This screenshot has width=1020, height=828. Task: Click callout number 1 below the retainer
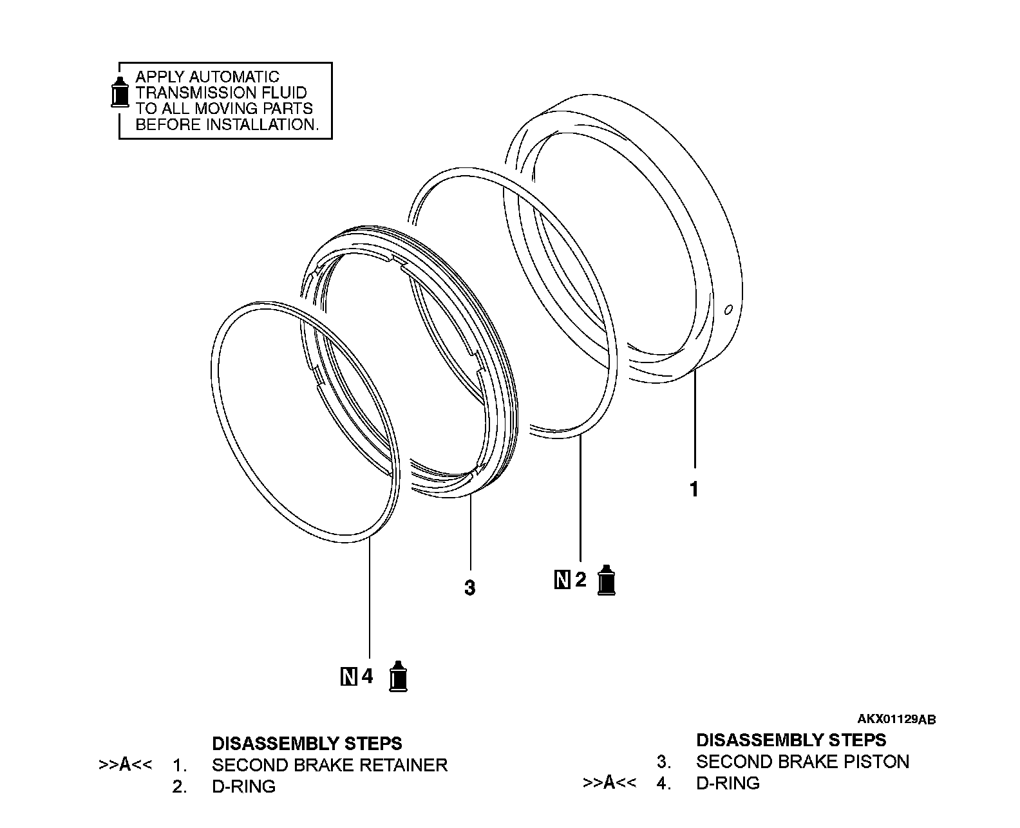pyautogui.click(x=694, y=490)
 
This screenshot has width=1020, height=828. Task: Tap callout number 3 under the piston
pyautogui.click(x=470, y=588)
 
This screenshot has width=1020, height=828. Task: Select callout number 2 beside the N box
pyautogui.click(x=580, y=580)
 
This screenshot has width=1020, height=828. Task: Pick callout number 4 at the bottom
pyautogui.click(x=367, y=677)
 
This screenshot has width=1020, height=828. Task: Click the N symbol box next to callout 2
pyautogui.click(x=562, y=580)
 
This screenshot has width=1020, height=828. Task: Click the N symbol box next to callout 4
pyautogui.click(x=348, y=677)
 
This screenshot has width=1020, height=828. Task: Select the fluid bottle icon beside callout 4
pyautogui.click(x=400, y=676)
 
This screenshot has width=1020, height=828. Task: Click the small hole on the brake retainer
pyautogui.click(x=728, y=310)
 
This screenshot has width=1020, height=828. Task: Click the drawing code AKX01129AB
pyautogui.click(x=896, y=719)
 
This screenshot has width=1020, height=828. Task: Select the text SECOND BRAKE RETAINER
pyautogui.click(x=329, y=765)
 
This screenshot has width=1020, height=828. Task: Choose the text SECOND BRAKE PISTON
pyautogui.click(x=802, y=762)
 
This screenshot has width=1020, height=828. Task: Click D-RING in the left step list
pyautogui.click(x=243, y=786)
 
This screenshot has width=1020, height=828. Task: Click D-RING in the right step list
pyautogui.click(x=728, y=783)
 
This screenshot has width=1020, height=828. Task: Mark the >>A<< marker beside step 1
pyautogui.click(x=126, y=765)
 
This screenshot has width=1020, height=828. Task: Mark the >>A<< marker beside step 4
pyautogui.click(x=610, y=783)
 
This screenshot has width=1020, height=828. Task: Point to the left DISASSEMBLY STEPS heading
pyautogui.click(x=307, y=744)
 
